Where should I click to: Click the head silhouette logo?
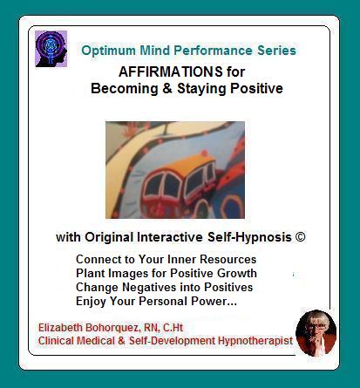(51, 49)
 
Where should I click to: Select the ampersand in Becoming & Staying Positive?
(167, 88)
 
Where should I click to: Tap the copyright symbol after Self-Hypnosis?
(300, 237)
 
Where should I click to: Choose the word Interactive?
(170, 237)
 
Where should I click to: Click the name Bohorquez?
(113, 328)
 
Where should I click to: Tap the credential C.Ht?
(173, 328)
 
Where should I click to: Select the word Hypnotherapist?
(255, 341)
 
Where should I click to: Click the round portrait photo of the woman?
(316, 333)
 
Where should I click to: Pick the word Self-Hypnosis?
(249, 237)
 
